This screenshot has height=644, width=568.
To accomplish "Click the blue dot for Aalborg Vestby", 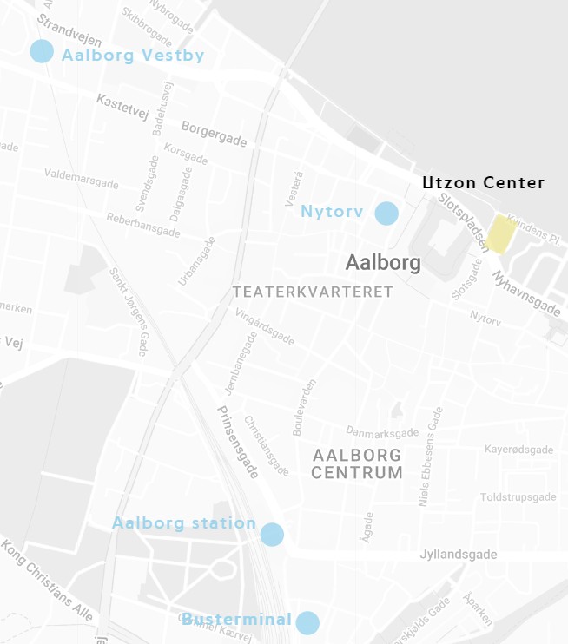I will (42, 51).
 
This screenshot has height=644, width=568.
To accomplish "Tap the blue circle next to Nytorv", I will (386, 213).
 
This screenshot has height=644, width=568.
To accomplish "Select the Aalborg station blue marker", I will (272, 535).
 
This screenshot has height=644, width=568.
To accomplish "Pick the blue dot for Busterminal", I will (307, 622).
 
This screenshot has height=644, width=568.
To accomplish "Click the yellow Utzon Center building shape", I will (501, 233).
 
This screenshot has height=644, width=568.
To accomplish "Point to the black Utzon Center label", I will (483, 183).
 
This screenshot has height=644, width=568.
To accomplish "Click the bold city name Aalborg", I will (383, 262).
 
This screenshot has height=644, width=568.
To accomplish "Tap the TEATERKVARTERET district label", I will (313, 292).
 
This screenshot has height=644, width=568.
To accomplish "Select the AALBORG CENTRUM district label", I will (357, 464).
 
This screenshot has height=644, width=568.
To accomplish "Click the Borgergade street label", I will (214, 134).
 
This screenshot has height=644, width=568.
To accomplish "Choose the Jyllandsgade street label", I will (458, 555).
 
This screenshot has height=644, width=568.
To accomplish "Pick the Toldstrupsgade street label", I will (517, 497).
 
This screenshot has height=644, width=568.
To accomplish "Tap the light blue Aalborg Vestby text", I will (133, 56).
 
